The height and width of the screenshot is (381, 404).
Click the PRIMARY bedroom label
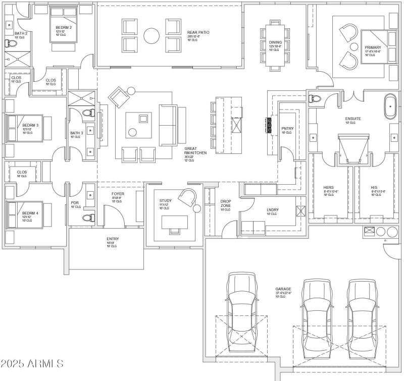pos(373,48)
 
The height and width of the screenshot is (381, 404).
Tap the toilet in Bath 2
pos(9,44)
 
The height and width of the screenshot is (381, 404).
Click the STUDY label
pos(165,201)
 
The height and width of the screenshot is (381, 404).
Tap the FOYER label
pos(118,194)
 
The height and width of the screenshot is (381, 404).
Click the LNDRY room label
pos(273,210)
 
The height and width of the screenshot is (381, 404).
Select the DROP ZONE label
pos(225,204)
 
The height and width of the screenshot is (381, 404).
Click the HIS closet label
pos(374,188)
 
